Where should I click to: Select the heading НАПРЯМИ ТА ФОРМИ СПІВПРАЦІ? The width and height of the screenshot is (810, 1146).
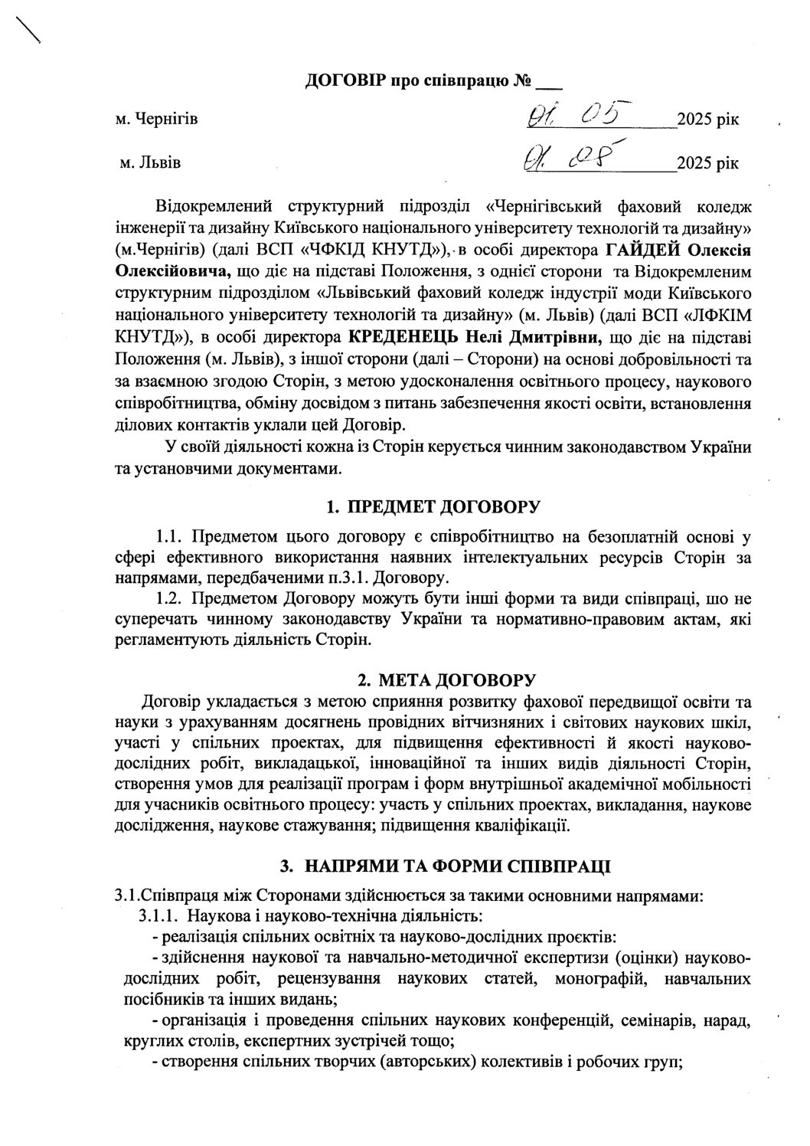(457, 866)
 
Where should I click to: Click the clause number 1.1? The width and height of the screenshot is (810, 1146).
(167, 533)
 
